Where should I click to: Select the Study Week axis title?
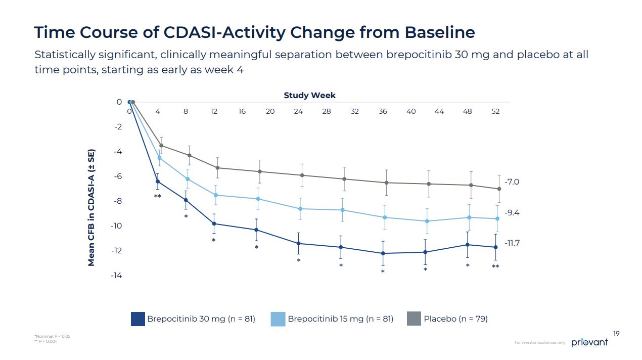point(309,95)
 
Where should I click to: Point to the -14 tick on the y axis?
point(117,276)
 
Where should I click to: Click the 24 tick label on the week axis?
point(298,111)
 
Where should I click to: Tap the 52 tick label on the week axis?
point(495,111)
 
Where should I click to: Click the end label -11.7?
point(512,243)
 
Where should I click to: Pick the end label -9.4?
point(512,213)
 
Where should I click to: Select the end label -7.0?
point(512,182)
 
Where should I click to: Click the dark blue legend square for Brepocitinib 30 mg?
point(137,319)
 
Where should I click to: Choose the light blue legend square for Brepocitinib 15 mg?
point(278,319)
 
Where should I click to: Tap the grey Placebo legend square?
point(414,319)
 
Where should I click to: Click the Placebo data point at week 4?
point(161,146)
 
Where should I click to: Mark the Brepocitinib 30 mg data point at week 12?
point(214,223)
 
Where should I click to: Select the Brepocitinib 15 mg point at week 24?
point(300,209)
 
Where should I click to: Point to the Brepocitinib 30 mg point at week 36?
point(383,253)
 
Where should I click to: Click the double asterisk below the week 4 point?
point(158,196)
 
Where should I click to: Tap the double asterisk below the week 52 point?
point(495,266)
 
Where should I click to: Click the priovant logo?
point(589,342)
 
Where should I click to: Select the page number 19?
point(616,333)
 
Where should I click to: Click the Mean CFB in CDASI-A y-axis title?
point(91,208)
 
